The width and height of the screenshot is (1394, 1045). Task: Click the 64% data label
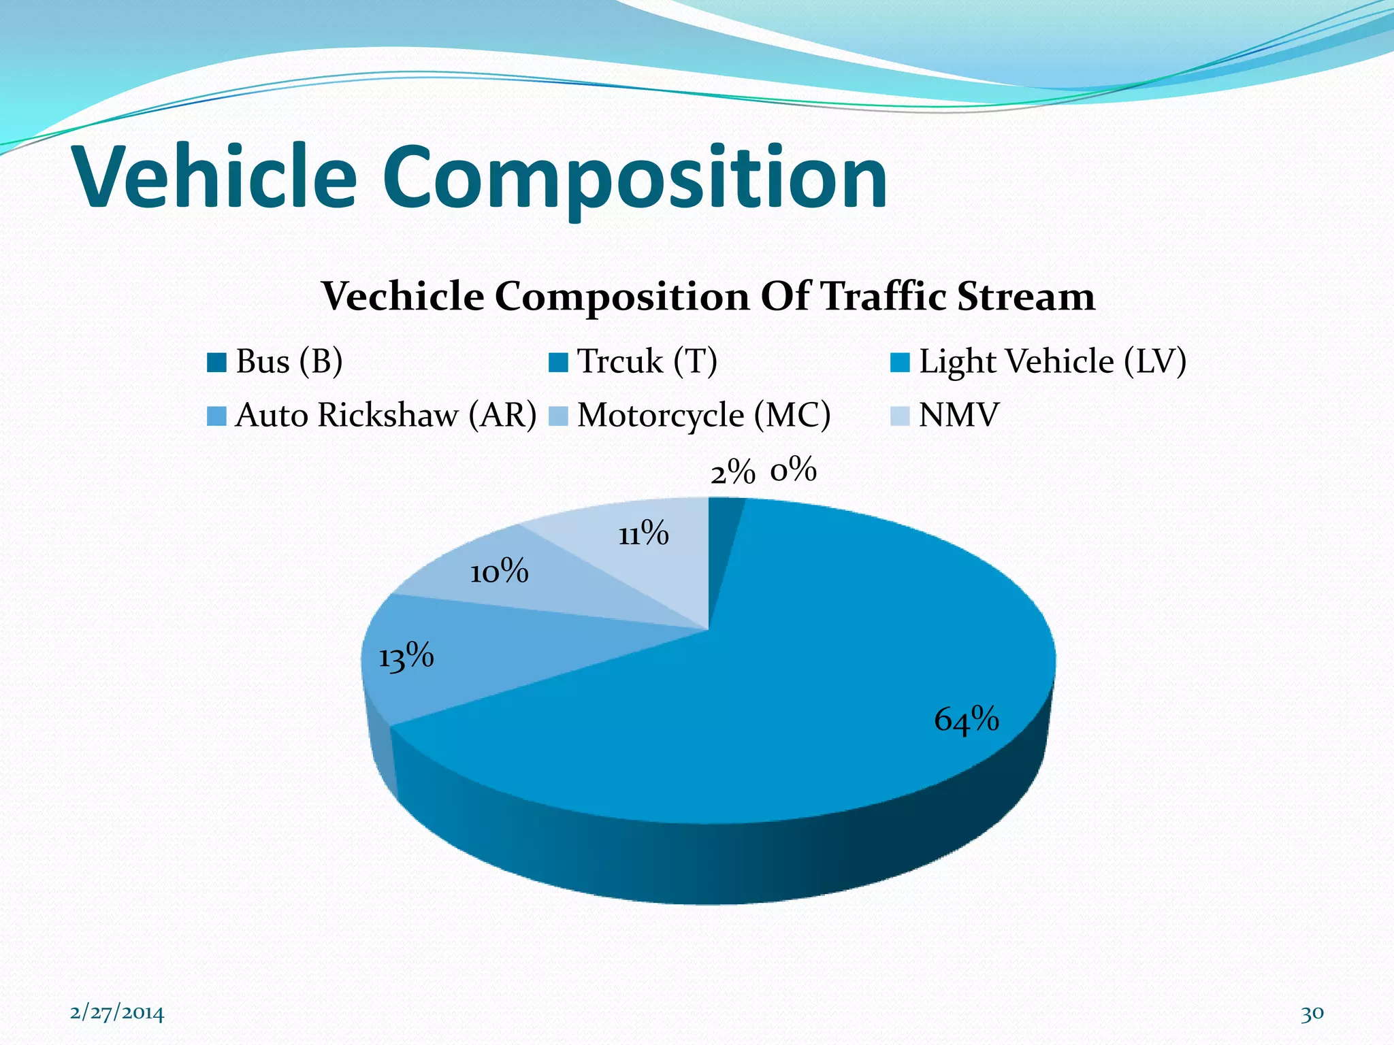[966, 720]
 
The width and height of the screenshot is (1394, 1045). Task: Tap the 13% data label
[406, 657]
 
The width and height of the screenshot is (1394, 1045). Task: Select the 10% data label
[499, 571]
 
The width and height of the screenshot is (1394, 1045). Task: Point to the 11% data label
[643, 533]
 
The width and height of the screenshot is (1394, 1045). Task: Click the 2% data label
[732, 472]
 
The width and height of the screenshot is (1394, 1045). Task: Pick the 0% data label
[793, 469]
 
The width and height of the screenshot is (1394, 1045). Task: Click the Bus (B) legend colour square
[216, 363]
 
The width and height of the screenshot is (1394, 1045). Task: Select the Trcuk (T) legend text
[647, 361]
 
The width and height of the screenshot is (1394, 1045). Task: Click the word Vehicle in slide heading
[216, 178]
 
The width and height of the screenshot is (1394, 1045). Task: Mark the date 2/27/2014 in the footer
[117, 1013]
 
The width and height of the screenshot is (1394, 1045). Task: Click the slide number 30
[1312, 1013]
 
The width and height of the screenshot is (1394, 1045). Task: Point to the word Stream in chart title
[1026, 297]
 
